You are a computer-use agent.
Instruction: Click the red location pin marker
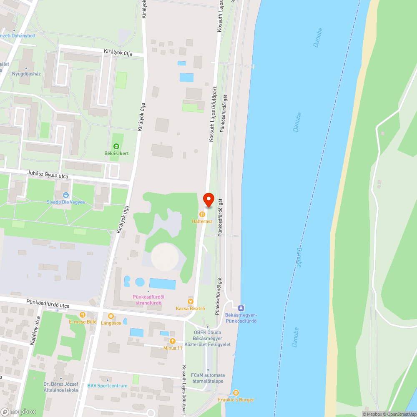pos(208,200)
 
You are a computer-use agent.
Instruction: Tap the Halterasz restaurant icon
pos(203,214)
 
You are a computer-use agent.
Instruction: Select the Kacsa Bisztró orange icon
pos(191,301)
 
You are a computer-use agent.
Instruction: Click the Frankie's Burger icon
pos(236,393)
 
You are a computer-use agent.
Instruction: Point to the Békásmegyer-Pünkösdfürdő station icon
pos(241,308)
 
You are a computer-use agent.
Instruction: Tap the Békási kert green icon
pos(116,146)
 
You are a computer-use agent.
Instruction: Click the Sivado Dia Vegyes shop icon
pos(65,195)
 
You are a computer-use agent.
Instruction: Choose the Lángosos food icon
pos(111,316)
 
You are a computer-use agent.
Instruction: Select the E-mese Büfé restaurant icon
pos(83,315)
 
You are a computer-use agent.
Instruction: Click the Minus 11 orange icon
pos(173,341)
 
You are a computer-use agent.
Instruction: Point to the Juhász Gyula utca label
pos(47,176)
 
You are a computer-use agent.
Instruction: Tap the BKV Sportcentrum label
pos(107,386)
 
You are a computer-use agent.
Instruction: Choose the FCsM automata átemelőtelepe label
pos(208,378)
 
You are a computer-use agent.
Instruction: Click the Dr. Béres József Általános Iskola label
pos(61,387)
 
